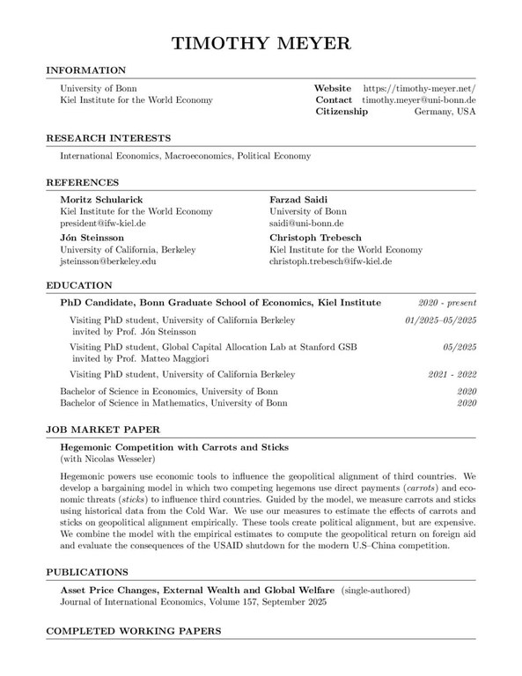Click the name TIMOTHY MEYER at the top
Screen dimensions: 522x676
click(261, 42)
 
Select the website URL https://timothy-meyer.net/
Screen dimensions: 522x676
click(419, 89)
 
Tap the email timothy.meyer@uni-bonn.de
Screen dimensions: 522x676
click(419, 100)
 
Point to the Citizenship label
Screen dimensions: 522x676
click(342, 113)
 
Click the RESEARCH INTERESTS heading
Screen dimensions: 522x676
click(108, 137)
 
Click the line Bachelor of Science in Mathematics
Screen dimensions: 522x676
click(173, 403)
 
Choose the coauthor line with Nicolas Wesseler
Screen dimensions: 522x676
click(107, 459)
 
